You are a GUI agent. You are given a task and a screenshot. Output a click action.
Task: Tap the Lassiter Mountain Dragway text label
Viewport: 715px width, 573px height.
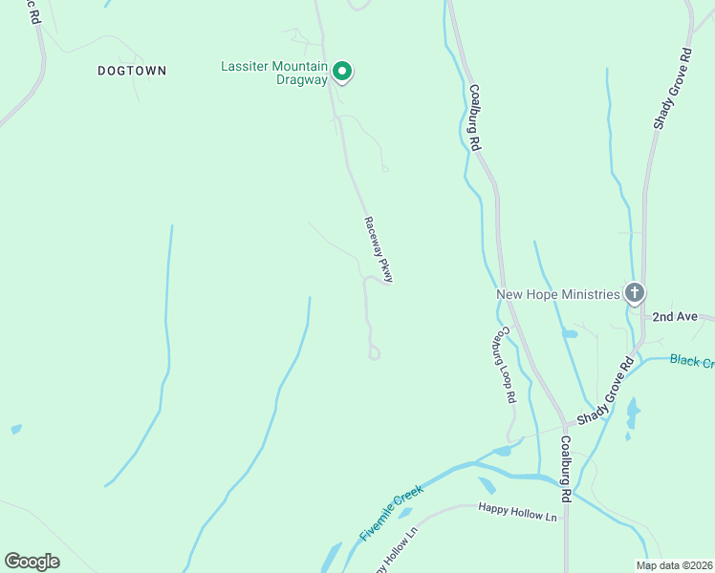(x=274, y=74)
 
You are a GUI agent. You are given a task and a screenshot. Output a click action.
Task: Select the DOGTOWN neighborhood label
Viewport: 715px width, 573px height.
(x=132, y=71)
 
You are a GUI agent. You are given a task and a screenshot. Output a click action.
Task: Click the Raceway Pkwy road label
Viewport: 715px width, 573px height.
(x=379, y=249)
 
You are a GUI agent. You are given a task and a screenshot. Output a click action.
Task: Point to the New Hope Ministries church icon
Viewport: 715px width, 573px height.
(x=634, y=293)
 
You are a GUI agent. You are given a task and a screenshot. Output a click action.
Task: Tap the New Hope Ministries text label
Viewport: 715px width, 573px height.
(x=557, y=294)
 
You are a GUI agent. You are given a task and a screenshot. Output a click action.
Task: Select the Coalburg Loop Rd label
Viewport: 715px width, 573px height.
(x=504, y=366)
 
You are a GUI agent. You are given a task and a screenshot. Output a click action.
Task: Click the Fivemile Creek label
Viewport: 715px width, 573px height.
(x=392, y=513)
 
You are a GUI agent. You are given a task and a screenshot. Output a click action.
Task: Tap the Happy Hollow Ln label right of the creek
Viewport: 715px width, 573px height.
(x=517, y=516)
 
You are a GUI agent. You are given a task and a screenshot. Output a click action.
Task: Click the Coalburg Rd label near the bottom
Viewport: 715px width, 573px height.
(x=566, y=470)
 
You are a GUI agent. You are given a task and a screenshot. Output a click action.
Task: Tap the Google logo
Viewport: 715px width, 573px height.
(x=32, y=562)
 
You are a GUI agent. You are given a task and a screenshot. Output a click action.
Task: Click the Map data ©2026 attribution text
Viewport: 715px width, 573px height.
(x=673, y=565)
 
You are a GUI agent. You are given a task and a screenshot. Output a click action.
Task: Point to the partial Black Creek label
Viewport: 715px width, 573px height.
(x=692, y=361)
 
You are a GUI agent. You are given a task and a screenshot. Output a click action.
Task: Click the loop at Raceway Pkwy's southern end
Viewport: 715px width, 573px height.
(x=375, y=353)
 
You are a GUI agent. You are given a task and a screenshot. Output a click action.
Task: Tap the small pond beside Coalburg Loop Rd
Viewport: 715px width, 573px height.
(x=570, y=334)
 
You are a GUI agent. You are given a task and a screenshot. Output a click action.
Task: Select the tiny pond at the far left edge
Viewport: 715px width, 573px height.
(x=15, y=430)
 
